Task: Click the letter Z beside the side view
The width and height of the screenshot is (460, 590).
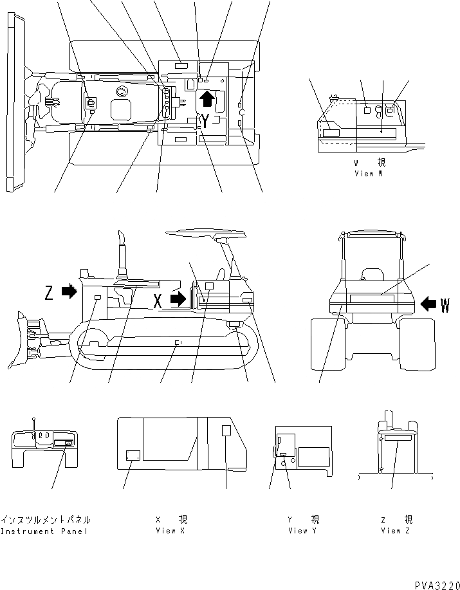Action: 50,293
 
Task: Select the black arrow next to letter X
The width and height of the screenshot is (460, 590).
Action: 178,299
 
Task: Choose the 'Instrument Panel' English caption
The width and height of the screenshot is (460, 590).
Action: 44,531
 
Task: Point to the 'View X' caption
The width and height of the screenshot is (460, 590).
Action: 170,531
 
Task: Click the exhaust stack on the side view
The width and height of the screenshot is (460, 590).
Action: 121,255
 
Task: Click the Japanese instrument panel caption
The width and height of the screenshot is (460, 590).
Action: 45,519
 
